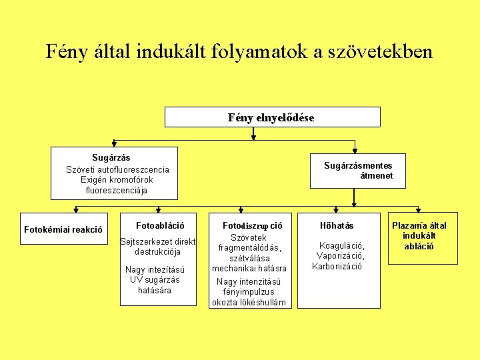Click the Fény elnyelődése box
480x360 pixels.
click(272, 117)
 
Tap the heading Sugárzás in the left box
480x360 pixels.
click(111, 158)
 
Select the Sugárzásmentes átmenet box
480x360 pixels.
click(358, 171)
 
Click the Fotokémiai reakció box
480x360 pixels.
click(63, 230)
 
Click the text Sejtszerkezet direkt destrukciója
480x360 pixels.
click(157, 247)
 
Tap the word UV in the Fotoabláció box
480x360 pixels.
click(137, 279)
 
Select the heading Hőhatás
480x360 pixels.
click(337, 226)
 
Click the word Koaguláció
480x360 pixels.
click(341, 245)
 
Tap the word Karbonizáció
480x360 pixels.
click(337, 266)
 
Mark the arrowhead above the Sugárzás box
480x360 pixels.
click(114, 142)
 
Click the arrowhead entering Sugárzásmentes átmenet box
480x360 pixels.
click(355, 149)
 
